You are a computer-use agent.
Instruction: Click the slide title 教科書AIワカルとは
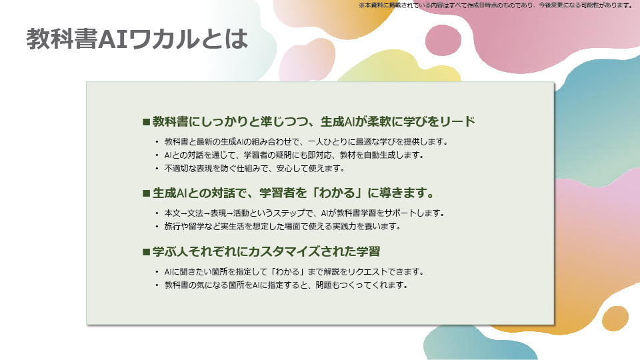(137, 39)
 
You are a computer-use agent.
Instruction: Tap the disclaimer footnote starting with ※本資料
(496, 5)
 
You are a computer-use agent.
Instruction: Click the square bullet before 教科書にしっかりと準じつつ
(146, 121)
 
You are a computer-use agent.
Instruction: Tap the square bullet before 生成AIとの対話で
(146, 193)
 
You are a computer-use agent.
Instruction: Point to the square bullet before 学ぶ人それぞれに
(146, 252)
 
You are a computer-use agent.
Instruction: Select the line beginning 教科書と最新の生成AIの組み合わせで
(306, 141)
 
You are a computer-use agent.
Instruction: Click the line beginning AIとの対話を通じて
(294, 155)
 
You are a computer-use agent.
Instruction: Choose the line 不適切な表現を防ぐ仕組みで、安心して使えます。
(255, 168)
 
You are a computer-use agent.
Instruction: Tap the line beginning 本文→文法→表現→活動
(304, 213)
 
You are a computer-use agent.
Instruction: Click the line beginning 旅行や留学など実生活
(283, 226)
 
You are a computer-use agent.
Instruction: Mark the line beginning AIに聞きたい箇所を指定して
(294, 272)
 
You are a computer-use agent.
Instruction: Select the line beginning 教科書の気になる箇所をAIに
(286, 285)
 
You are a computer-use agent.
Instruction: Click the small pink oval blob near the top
(443, 40)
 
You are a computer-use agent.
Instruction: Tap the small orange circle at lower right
(615, 319)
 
